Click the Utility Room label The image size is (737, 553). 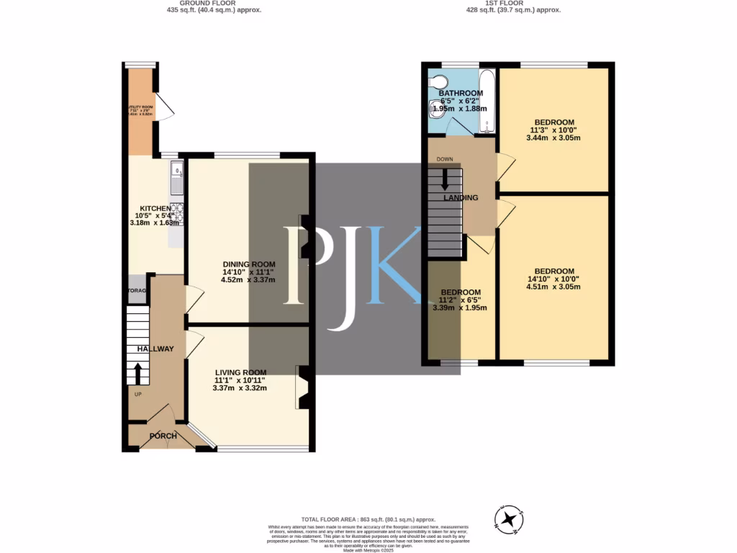click(x=140, y=110)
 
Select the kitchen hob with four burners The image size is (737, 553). click(x=176, y=214)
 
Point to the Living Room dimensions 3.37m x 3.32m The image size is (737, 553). click(x=240, y=388)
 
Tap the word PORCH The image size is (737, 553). click(x=163, y=436)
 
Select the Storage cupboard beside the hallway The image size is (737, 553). click(x=137, y=290)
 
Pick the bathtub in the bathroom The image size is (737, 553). click(x=487, y=102)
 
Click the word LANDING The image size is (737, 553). click(x=461, y=198)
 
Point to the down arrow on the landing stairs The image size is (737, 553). click(x=444, y=179)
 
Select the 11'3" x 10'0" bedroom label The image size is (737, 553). click(x=554, y=122)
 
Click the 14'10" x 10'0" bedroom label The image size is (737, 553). click(x=553, y=271)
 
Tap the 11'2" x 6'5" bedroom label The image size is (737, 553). click(x=460, y=292)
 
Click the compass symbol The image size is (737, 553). click(x=509, y=518)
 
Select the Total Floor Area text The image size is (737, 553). click(x=368, y=519)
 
